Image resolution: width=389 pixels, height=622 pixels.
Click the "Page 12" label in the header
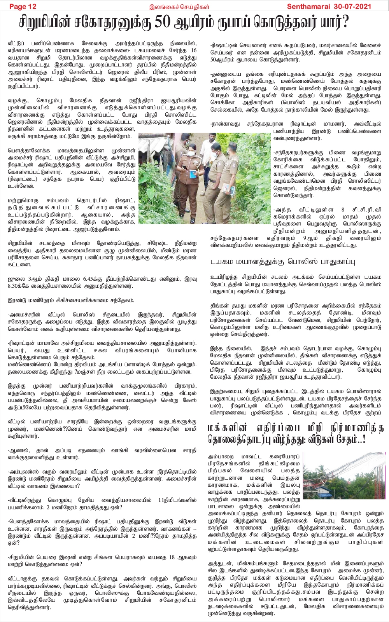pyautogui.click(x=23, y=6)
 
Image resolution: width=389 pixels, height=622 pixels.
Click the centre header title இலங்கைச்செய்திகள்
pyautogui.click(x=179, y=6)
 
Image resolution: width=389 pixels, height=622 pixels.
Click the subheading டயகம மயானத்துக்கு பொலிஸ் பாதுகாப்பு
pyautogui.click(x=283, y=262)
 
